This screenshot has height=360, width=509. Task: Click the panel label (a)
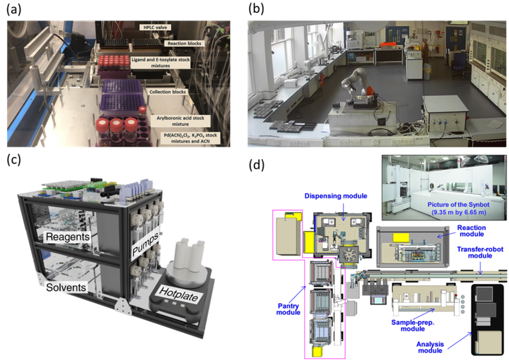point(13,10)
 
